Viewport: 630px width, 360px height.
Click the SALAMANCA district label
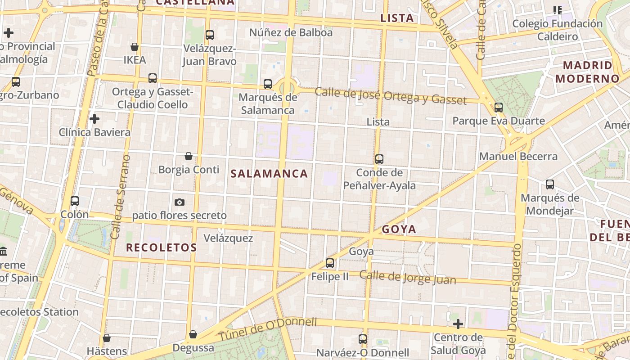269,174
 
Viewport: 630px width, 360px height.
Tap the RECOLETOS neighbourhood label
161,247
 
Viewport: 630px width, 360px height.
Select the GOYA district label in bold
399,229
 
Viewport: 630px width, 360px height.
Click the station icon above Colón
75,201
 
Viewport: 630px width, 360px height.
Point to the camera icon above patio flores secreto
180,202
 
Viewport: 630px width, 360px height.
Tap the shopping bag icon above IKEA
134,47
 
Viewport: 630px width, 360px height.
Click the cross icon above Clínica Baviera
94,119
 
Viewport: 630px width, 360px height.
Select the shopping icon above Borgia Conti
189,156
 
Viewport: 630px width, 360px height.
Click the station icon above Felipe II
330,263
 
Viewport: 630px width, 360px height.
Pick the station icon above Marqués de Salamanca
268,84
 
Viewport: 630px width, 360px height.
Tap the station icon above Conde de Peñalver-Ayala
379,159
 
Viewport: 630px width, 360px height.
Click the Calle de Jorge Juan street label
408,277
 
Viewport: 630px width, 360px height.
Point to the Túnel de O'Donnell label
268,329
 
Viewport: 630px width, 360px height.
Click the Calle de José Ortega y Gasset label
391,96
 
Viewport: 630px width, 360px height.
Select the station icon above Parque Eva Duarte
498,108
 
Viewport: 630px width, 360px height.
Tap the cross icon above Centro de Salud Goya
458,324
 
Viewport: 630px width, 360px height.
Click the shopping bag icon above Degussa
193,334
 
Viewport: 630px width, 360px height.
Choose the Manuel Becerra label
518,157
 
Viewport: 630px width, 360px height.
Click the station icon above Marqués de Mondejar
550,184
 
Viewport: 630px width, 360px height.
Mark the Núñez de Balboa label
291,32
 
